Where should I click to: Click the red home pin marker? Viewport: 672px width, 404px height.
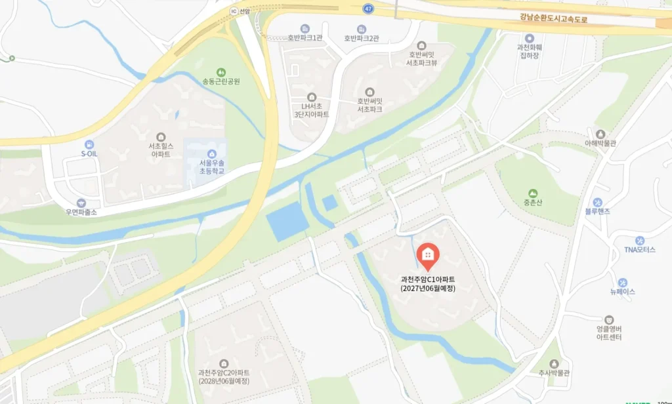[x=428, y=256]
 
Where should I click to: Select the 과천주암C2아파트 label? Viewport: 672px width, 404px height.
[x=224, y=377]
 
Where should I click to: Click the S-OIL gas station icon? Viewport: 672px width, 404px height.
[x=89, y=144]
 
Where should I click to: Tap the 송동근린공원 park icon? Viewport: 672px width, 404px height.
[x=221, y=72]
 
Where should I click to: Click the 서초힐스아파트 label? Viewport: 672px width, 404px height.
[x=161, y=150]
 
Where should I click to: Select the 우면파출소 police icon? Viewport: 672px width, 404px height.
[x=81, y=203]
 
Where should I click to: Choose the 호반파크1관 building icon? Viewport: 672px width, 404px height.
[x=305, y=29]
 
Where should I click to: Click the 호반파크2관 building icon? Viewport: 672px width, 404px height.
[x=362, y=29]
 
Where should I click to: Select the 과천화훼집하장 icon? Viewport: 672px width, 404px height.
[x=529, y=38]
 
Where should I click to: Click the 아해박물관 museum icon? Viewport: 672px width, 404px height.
[x=600, y=134]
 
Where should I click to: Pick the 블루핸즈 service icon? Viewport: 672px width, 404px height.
[x=597, y=202]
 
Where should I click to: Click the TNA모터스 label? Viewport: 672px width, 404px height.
[x=640, y=250]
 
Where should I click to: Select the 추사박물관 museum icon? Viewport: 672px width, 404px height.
[x=555, y=363]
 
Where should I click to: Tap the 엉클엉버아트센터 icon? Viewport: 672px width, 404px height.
[x=609, y=319]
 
